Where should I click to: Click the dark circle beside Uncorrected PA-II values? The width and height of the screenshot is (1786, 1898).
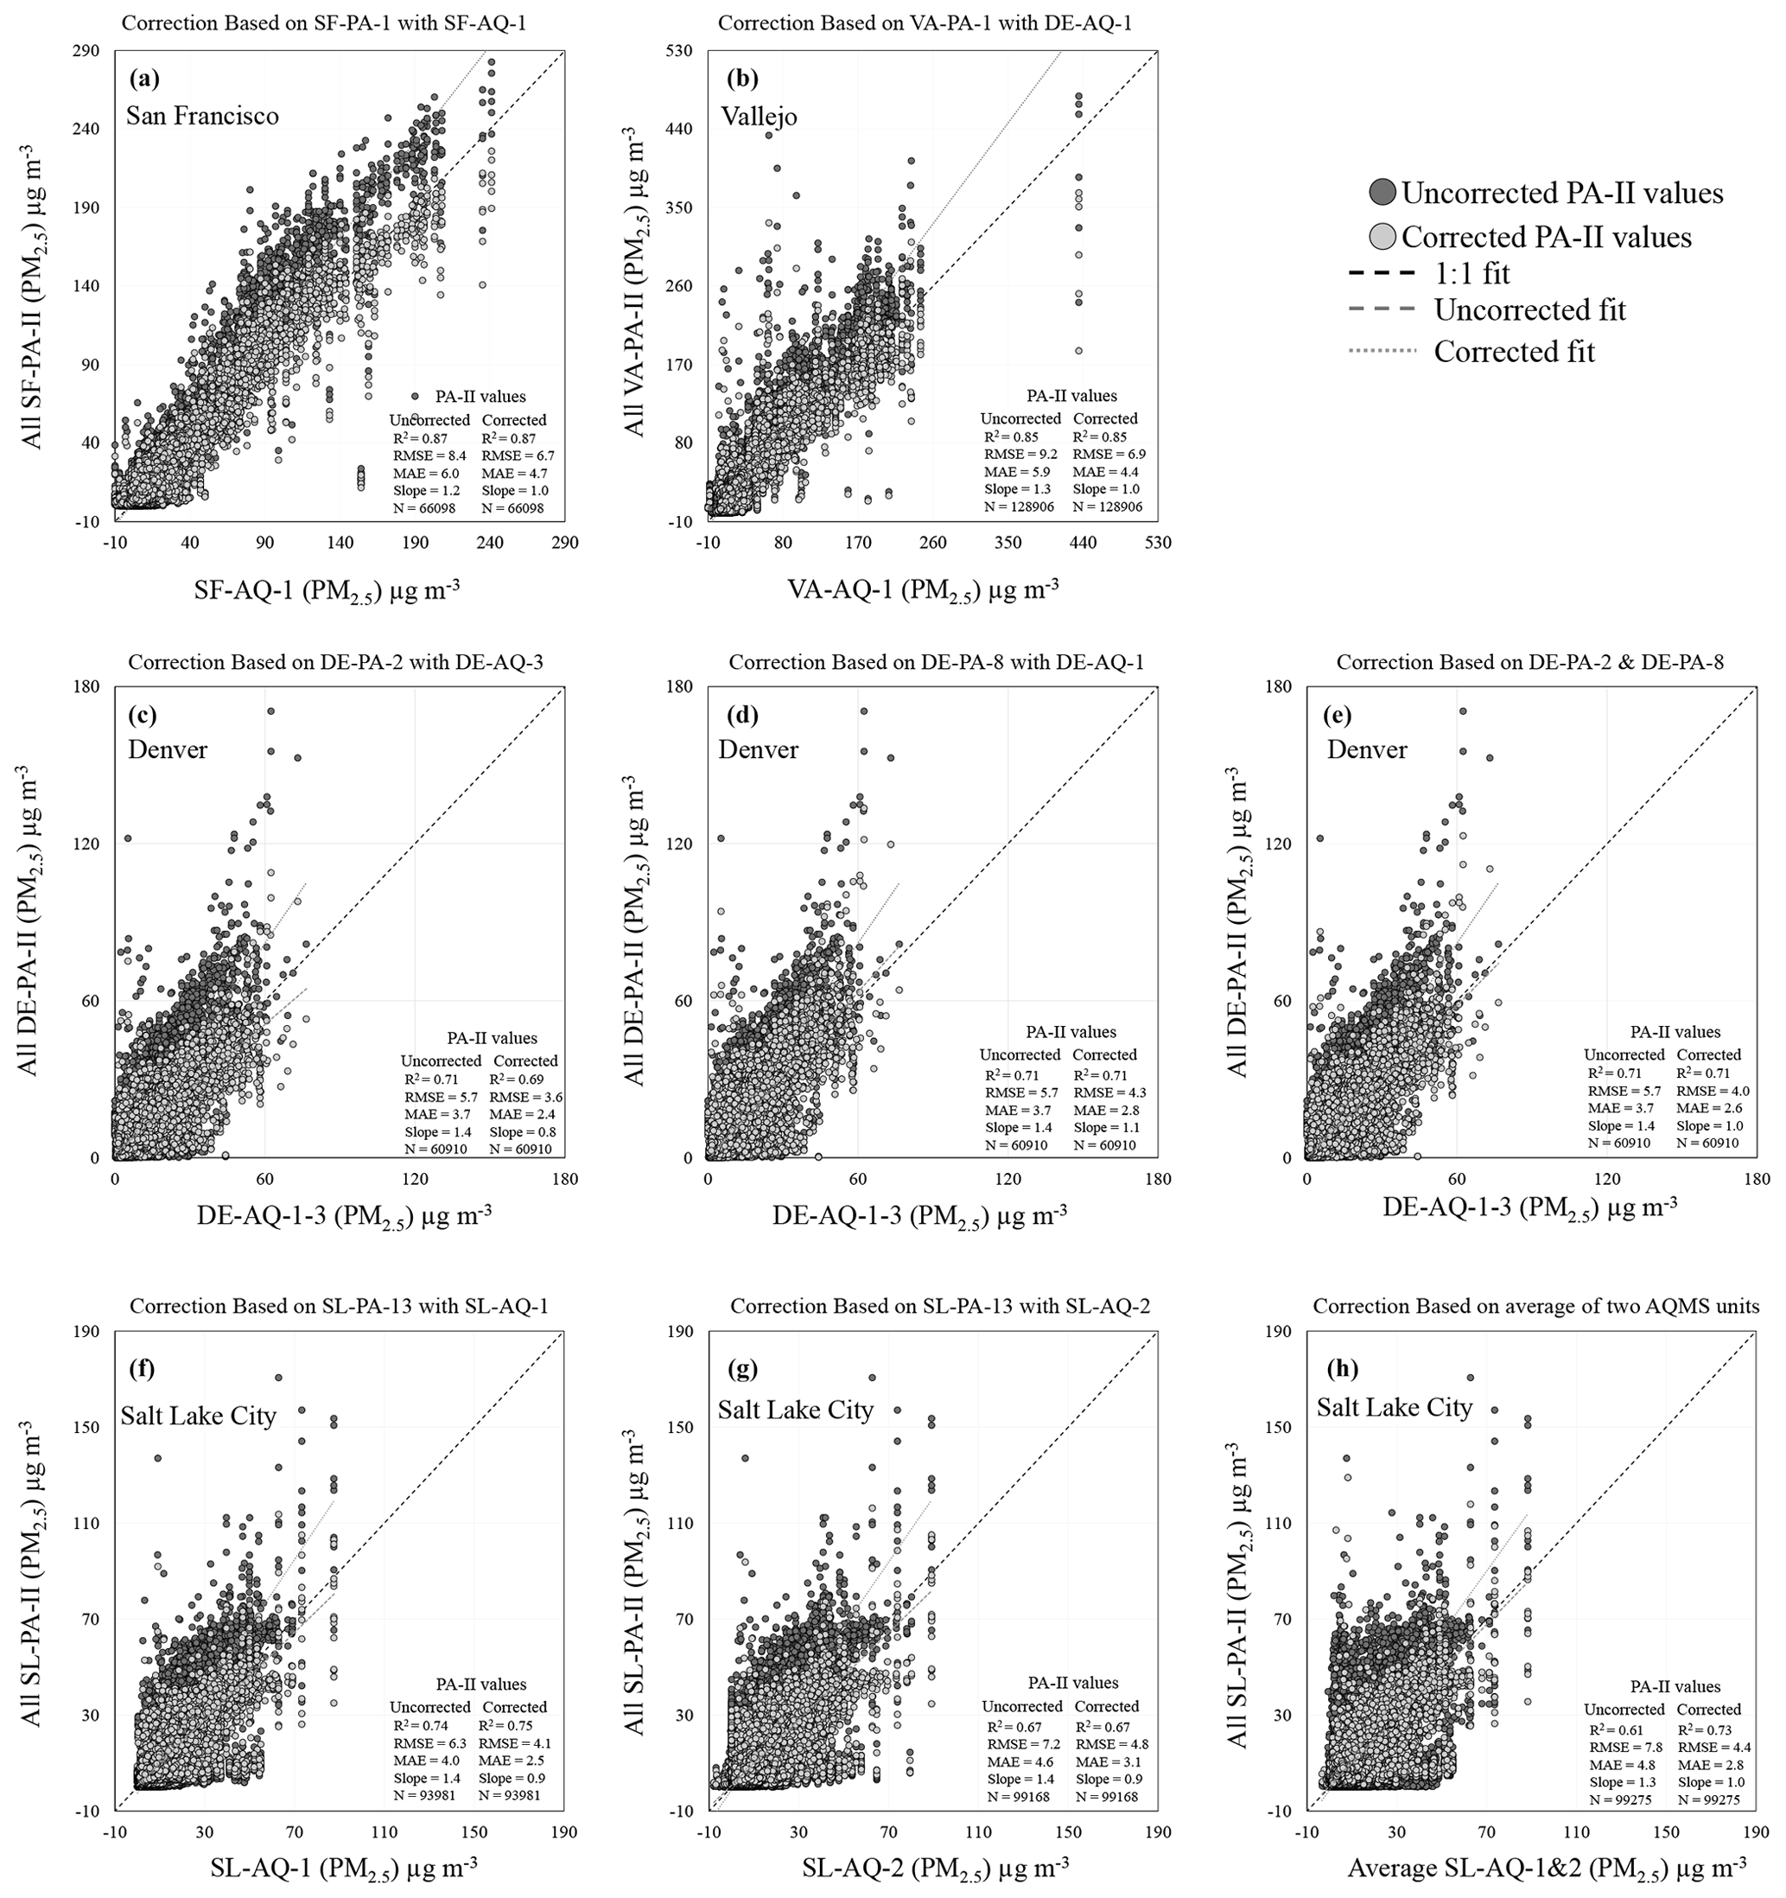pyautogui.click(x=1382, y=193)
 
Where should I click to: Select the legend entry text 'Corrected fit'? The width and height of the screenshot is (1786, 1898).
pyautogui.click(x=1514, y=353)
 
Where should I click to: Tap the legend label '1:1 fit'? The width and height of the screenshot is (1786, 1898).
pyautogui.click(x=1472, y=274)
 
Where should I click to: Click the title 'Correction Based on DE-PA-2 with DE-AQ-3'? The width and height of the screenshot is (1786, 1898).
pyautogui.click(x=335, y=663)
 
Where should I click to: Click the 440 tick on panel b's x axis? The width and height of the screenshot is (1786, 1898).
pyautogui.click(x=1083, y=542)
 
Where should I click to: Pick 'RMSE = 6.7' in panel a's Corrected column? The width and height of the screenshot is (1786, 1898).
pyautogui.click(x=518, y=455)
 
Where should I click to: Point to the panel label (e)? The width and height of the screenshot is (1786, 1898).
pyautogui.click(x=1342, y=715)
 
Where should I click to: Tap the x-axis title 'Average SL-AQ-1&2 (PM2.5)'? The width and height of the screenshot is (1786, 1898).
pyautogui.click(x=1547, y=1869)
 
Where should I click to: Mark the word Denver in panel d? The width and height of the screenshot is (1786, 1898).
pyautogui.click(x=758, y=749)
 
